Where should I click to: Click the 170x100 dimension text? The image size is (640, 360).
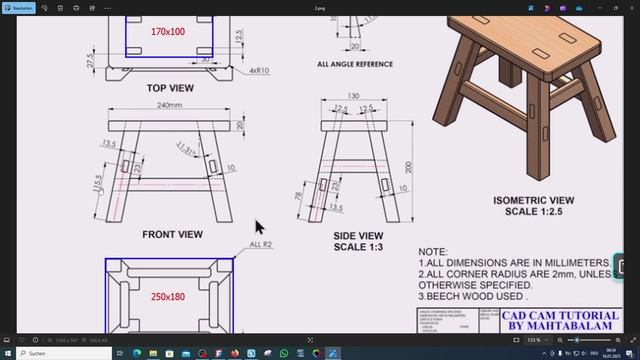click(x=168, y=32)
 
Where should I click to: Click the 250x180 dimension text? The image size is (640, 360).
click(x=168, y=297)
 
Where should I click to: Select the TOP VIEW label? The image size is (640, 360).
click(x=170, y=88)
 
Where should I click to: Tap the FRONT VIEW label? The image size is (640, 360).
click(x=172, y=235)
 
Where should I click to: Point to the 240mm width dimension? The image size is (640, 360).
click(x=169, y=106)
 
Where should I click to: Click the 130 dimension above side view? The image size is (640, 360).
click(x=353, y=97)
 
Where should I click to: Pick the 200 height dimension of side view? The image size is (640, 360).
click(x=408, y=166)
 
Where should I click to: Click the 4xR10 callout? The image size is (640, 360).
click(x=260, y=71)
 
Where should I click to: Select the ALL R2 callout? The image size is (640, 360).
click(x=261, y=244)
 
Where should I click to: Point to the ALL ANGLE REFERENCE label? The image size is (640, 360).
click(x=354, y=64)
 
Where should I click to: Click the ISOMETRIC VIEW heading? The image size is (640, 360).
click(x=533, y=200)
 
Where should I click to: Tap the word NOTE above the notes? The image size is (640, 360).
click(x=433, y=252)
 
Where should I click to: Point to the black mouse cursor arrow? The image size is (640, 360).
click(x=259, y=227)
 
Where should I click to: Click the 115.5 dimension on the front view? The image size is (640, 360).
click(x=98, y=185)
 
